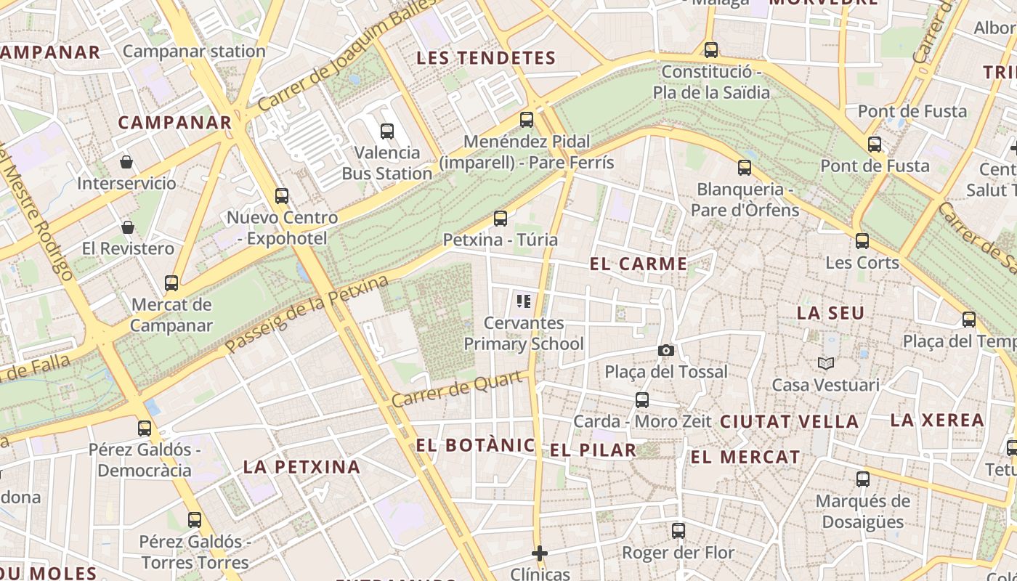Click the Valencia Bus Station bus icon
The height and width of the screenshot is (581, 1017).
[387, 131]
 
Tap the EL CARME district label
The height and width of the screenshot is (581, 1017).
[639, 264]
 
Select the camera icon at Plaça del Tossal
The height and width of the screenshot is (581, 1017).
[665, 351]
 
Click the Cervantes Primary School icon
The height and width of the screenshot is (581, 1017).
[523, 301]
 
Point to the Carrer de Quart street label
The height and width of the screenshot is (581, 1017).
[458, 389]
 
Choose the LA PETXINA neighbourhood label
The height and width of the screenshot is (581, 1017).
[301, 467]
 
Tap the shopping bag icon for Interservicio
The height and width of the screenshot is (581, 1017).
[126, 161]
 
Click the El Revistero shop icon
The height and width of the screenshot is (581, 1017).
[128, 227]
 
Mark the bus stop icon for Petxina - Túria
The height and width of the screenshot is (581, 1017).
[500, 218]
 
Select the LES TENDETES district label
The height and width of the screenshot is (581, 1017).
[486, 59]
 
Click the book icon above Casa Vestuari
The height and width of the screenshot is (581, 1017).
[825, 363]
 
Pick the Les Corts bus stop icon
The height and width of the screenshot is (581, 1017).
[862, 240]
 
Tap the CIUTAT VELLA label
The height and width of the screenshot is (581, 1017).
[789, 421]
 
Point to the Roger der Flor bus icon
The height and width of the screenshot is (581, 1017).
[678, 531]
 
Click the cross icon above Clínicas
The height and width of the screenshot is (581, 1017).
[539, 553]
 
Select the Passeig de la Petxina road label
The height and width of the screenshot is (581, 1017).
[307, 314]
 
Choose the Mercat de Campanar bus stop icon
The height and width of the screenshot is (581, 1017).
[171, 283]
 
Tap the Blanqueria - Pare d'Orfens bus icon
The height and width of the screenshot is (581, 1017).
[745, 168]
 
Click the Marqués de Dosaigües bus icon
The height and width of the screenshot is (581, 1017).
[863, 479]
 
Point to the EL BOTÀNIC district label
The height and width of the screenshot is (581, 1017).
[476, 445]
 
